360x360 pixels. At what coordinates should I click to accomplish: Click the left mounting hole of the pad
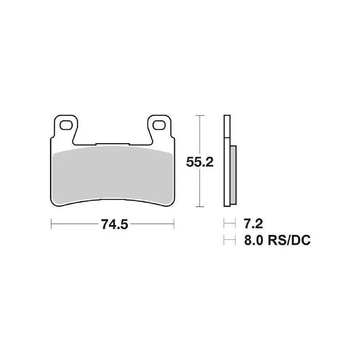65,125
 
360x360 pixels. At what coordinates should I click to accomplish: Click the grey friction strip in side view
233,175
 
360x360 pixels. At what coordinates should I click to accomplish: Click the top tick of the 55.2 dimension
200,116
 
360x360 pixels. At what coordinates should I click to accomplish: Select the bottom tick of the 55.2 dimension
200,207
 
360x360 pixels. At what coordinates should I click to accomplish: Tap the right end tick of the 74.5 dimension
174,222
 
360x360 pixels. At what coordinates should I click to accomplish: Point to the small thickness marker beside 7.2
229,223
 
